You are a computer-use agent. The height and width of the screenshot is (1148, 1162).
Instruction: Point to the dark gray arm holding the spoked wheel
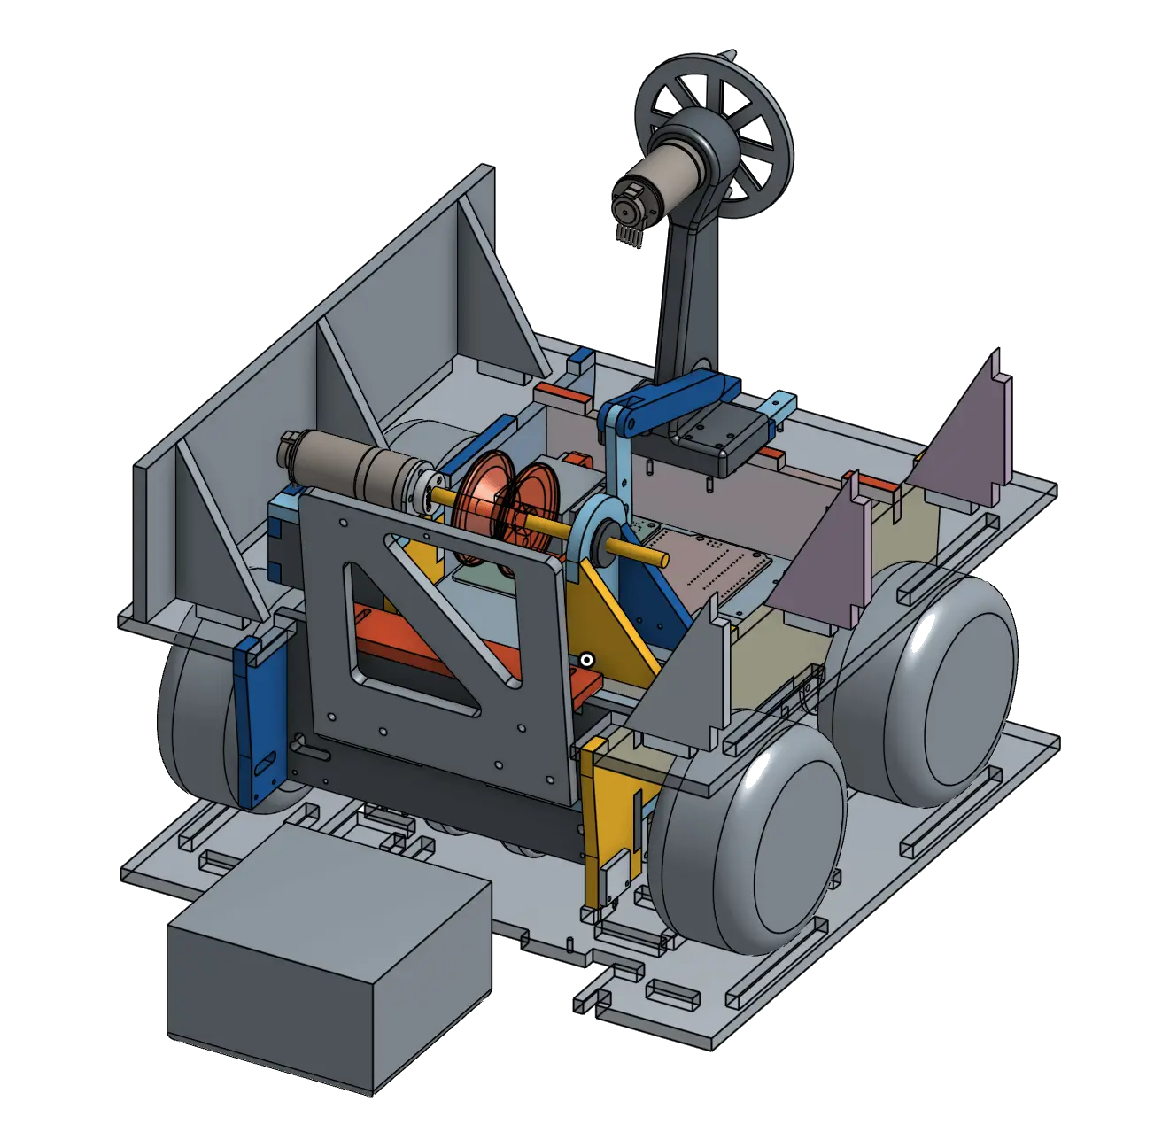(x=686, y=292)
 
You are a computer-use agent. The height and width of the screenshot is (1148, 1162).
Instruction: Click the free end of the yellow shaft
(x=660, y=558)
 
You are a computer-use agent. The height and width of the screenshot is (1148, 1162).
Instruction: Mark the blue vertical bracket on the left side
(x=261, y=717)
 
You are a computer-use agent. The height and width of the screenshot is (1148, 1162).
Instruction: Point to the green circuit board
(x=709, y=567)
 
